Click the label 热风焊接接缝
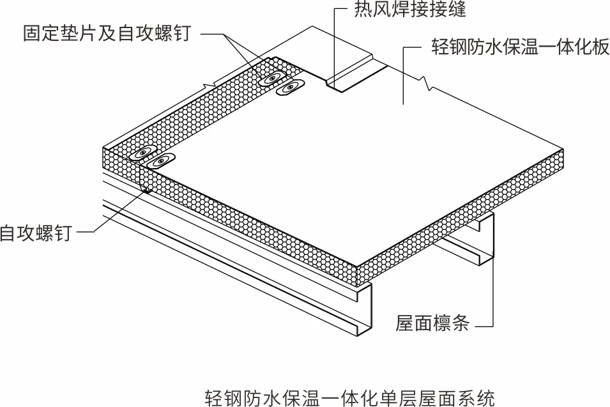(411, 10)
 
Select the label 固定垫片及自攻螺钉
(107, 33)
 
